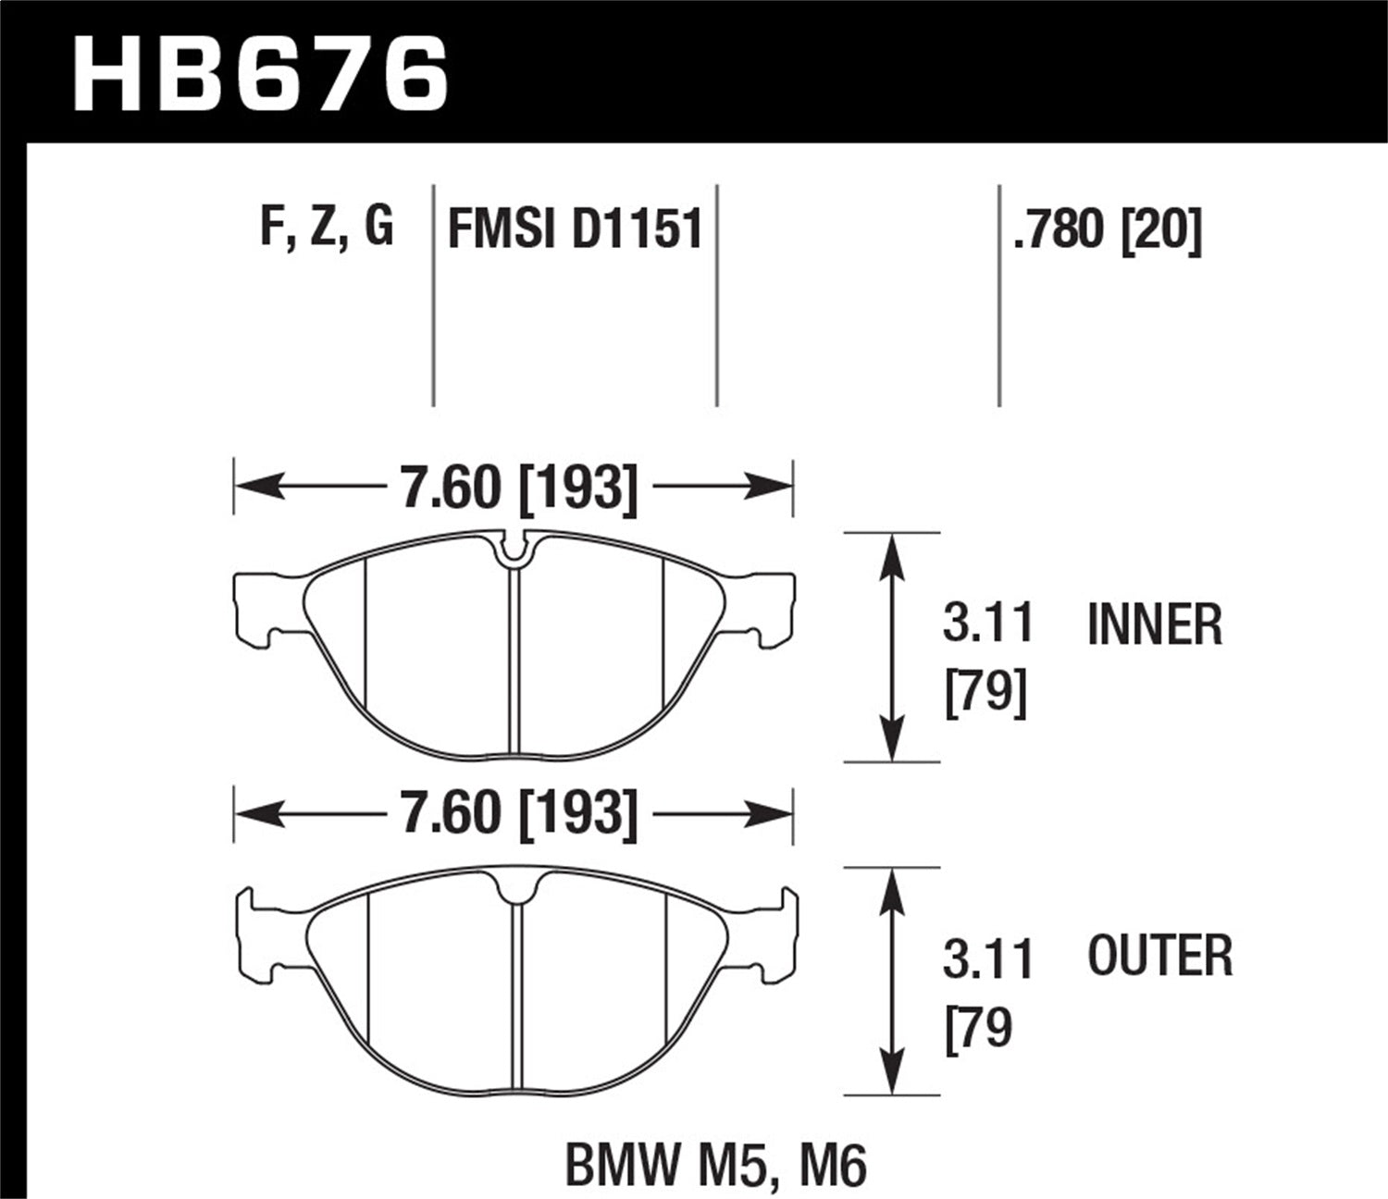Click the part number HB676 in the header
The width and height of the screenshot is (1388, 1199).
pos(261,73)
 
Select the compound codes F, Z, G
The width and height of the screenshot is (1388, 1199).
pos(327,227)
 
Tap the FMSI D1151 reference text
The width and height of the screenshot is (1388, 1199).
pos(575,229)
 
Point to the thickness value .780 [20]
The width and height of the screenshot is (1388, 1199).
pos(1107,229)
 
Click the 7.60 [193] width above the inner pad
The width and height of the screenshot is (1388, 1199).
pos(518,488)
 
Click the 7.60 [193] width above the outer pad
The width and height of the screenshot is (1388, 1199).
pos(518,813)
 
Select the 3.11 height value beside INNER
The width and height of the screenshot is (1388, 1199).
pos(987,624)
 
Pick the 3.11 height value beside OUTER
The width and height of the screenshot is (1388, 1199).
pos(987,958)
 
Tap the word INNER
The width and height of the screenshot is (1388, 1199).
pos(1155,624)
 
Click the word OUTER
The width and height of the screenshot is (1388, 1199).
pos(1160,957)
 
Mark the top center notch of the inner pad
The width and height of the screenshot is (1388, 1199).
pos(514,549)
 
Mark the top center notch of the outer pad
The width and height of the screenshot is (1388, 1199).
pos(516,889)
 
